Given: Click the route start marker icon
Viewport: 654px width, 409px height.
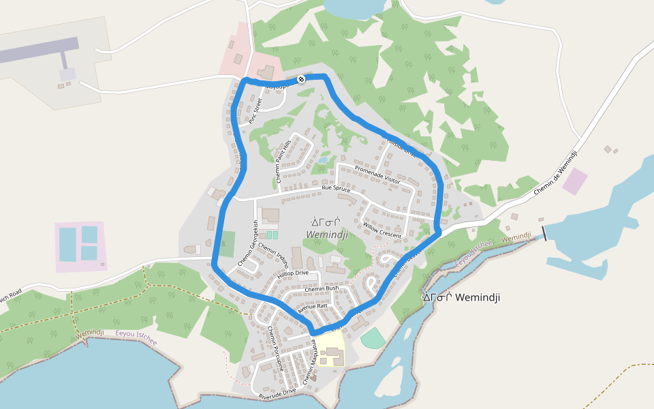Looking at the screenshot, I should [x=301, y=79].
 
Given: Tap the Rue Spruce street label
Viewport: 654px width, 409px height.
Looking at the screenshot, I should [x=336, y=189].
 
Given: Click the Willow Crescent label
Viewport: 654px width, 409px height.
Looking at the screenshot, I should [x=382, y=229].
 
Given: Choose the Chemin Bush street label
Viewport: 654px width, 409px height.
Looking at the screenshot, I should [x=322, y=288].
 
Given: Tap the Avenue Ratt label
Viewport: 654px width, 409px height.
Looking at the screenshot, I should [x=313, y=307].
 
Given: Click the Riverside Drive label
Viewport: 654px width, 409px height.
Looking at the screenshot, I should [x=277, y=392].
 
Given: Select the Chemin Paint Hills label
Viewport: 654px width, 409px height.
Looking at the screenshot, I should [x=282, y=162].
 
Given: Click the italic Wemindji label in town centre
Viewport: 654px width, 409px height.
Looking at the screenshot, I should [x=327, y=234].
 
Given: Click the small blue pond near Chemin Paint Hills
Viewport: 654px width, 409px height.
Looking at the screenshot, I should [x=322, y=161].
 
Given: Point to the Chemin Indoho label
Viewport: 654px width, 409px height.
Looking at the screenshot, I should [x=273, y=256].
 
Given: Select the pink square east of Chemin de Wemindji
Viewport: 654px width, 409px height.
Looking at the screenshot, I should [x=575, y=181].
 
